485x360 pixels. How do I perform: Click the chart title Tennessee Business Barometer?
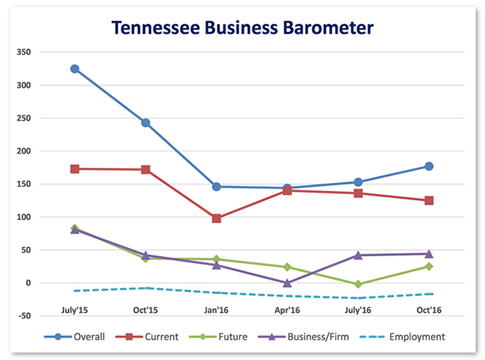[x=243, y=28]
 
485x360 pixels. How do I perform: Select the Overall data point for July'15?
[x=75, y=69]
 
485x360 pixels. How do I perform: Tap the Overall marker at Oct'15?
[x=145, y=123]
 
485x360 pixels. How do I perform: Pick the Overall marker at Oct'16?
[x=428, y=166]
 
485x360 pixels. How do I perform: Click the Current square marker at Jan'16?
[x=216, y=218]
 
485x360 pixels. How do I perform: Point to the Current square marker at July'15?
[x=75, y=169]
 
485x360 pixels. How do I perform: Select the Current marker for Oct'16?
[x=428, y=200]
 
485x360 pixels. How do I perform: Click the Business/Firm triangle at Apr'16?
[x=288, y=282]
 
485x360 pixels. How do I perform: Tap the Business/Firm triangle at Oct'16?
[x=428, y=253]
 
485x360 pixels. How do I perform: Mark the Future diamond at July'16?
[x=358, y=284]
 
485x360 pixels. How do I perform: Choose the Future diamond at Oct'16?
[x=428, y=266]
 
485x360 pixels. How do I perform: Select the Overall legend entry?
[x=76, y=336]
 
